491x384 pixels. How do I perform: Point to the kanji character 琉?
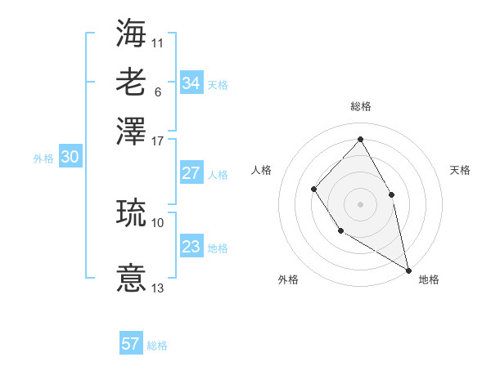tap(131, 212)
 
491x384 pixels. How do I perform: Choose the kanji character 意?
tap(131, 278)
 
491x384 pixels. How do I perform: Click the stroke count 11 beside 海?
tap(158, 42)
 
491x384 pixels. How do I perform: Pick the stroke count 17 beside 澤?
tap(158, 140)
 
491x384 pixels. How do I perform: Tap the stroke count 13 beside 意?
tap(158, 288)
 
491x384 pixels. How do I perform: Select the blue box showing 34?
tap(191, 83)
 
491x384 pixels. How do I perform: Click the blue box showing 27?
tap(191, 173)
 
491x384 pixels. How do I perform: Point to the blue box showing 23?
tap(191, 248)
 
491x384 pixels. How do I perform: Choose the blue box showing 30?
tap(70, 159)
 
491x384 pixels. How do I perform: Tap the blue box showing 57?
tap(131, 344)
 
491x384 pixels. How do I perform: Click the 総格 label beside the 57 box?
tap(157, 346)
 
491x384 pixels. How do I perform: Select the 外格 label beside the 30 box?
tap(43, 159)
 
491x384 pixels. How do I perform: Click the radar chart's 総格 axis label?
tap(361, 106)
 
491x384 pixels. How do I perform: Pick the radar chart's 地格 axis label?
tap(429, 279)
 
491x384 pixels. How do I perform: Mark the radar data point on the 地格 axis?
tap(408, 269)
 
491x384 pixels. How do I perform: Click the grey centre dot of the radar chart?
tap(360, 203)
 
